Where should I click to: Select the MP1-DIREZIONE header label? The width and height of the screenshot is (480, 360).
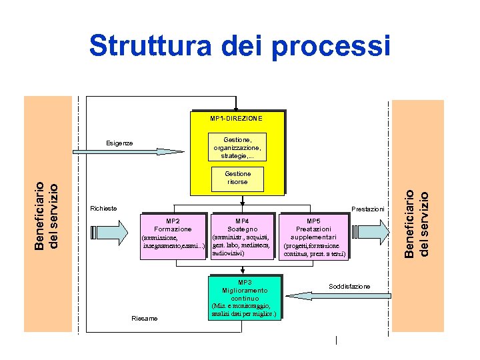pos(236,118)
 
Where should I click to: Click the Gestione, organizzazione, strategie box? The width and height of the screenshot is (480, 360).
pos(237,147)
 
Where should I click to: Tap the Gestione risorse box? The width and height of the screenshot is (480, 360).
pos(237,178)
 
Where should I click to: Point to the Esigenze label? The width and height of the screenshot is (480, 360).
pos(120,143)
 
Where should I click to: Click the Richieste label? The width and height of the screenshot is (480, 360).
pos(103,209)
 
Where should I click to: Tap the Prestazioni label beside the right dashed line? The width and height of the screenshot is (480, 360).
pos(367,209)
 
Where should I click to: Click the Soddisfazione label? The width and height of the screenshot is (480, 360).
pos(349,286)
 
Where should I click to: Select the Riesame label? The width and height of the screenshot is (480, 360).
pos(145,319)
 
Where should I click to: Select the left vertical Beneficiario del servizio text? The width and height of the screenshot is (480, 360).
pos(49,215)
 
